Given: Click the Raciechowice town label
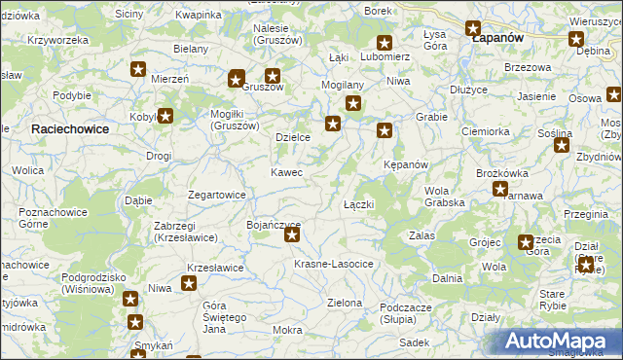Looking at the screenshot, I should click(x=69, y=128).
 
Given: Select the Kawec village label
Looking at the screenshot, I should click(x=286, y=172).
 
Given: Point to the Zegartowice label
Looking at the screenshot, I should click(x=216, y=195).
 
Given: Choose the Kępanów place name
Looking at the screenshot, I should click(x=406, y=164).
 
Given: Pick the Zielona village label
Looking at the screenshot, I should click(x=345, y=303).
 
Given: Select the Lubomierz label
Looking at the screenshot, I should click(x=385, y=56).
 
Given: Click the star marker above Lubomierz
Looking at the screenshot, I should click(x=385, y=43).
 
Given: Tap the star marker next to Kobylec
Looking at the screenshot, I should click(x=165, y=116).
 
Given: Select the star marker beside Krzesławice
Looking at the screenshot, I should click(x=189, y=284).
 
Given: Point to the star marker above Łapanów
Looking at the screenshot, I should click(x=474, y=29).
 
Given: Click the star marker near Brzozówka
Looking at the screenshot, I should click(x=500, y=190).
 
